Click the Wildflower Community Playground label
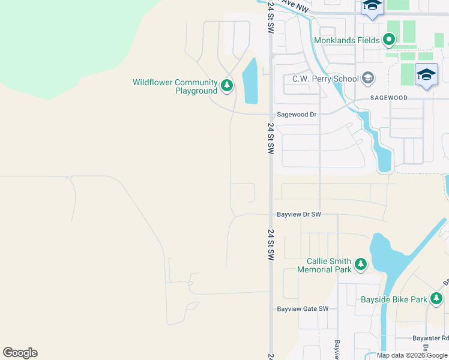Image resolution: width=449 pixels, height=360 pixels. pyautogui.click(x=175, y=86)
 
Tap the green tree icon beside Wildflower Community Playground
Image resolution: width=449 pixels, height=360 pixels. pyautogui.click(x=227, y=86)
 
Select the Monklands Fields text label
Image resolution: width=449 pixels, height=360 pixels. pyautogui.click(x=346, y=40)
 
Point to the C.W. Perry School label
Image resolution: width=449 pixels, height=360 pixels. pyautogui.click(x=325, y=79)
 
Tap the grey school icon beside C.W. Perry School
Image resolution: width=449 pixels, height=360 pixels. pyautogui.click(x=367, y=79)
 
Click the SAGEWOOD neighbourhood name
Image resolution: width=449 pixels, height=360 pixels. pyautogui.click(x=388, y=97)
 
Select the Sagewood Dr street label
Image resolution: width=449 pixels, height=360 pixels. pyautogui.click(x=297, y=114)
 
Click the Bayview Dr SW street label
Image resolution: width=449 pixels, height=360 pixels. pyautogui.click(x=299, y=214)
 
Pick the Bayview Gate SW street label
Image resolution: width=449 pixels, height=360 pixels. pyautogui.click(x=303, y=309)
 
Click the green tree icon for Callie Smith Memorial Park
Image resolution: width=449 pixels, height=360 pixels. pyautogui.click(x=360, y=265)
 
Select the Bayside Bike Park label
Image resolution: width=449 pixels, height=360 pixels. pyautogui.click(x=394, y=299)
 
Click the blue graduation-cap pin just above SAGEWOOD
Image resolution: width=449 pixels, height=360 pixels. pyautogui.click(x=426, y=74)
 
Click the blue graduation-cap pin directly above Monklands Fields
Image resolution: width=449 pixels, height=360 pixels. pyautogui.click(x=372, y=7)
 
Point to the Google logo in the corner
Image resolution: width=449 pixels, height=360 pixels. pyautogui.click(x=20, y=353)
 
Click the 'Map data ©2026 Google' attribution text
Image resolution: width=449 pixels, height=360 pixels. pyautogui.click(x=412, y=355)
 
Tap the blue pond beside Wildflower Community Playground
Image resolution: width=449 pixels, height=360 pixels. pyautogui.click(x=250, y=82)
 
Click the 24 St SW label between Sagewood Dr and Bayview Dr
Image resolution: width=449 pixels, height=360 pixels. pyautogui.click(x=271, y=139)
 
